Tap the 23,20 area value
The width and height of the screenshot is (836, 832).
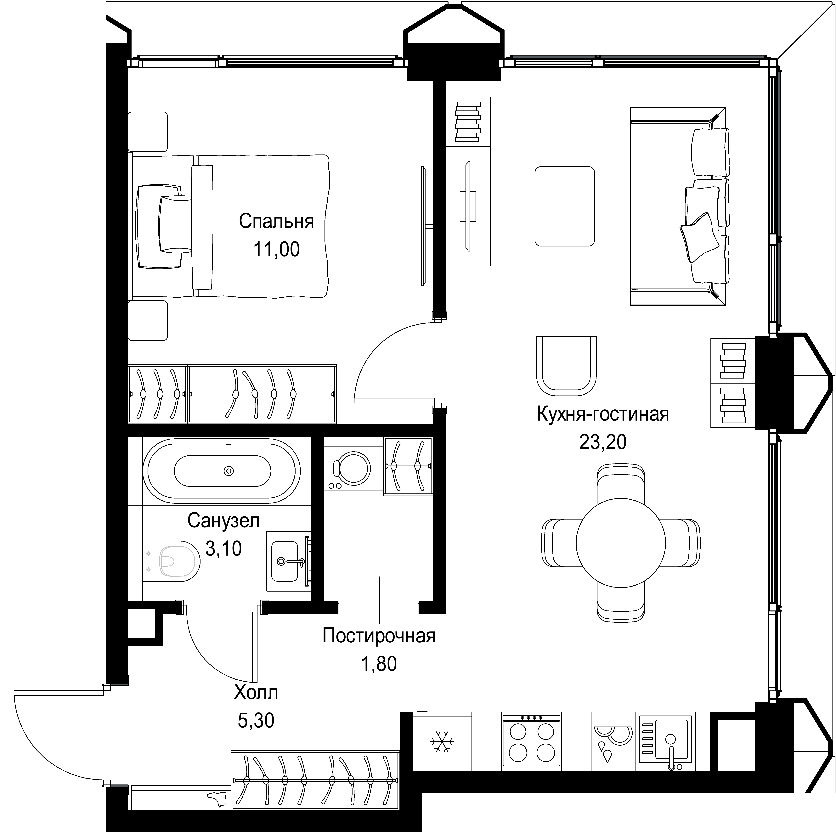[x=603, y=442]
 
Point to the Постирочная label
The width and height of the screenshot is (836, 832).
[x=379, y=636]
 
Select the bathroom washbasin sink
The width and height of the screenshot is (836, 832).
[x=285, y=561]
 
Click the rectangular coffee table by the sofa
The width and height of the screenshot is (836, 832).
[x=565, y=206]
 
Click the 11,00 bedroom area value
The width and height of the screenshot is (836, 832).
[x=276, y=250]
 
